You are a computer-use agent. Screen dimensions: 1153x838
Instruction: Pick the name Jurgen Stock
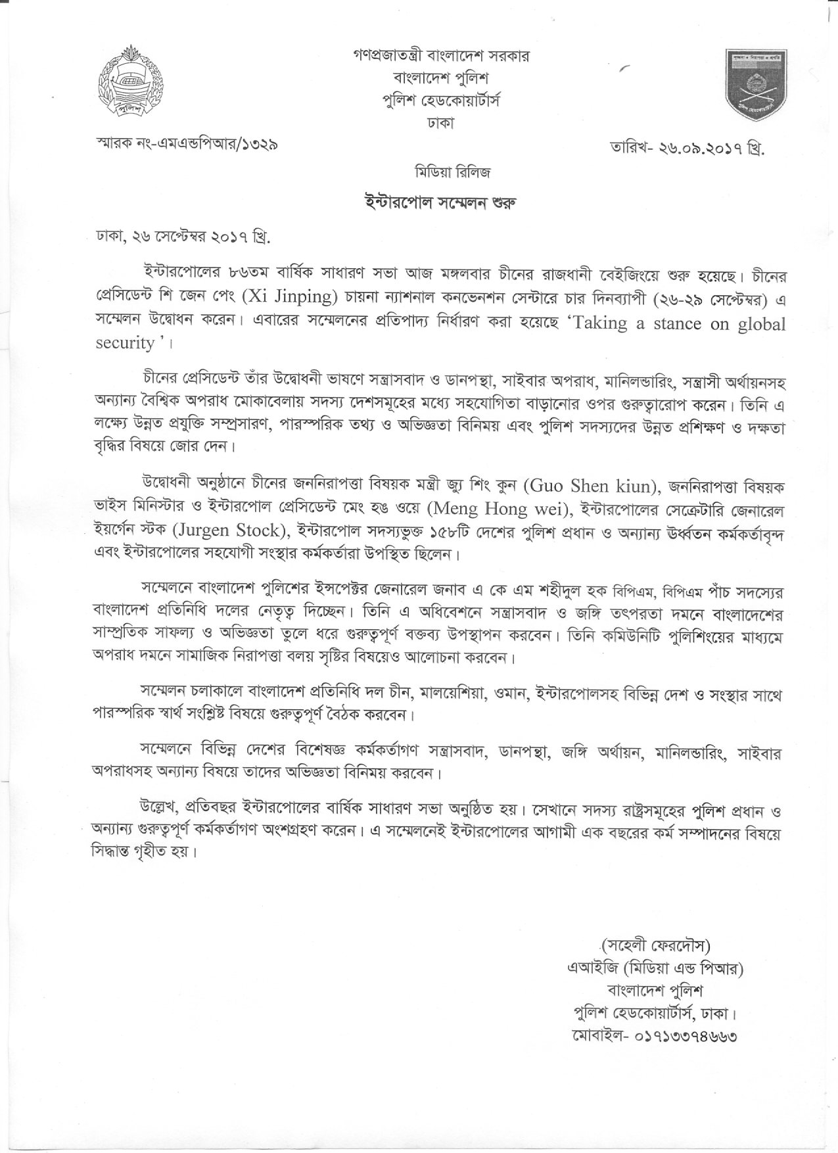238,531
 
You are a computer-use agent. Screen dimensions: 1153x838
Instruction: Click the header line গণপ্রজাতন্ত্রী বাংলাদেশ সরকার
441,55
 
